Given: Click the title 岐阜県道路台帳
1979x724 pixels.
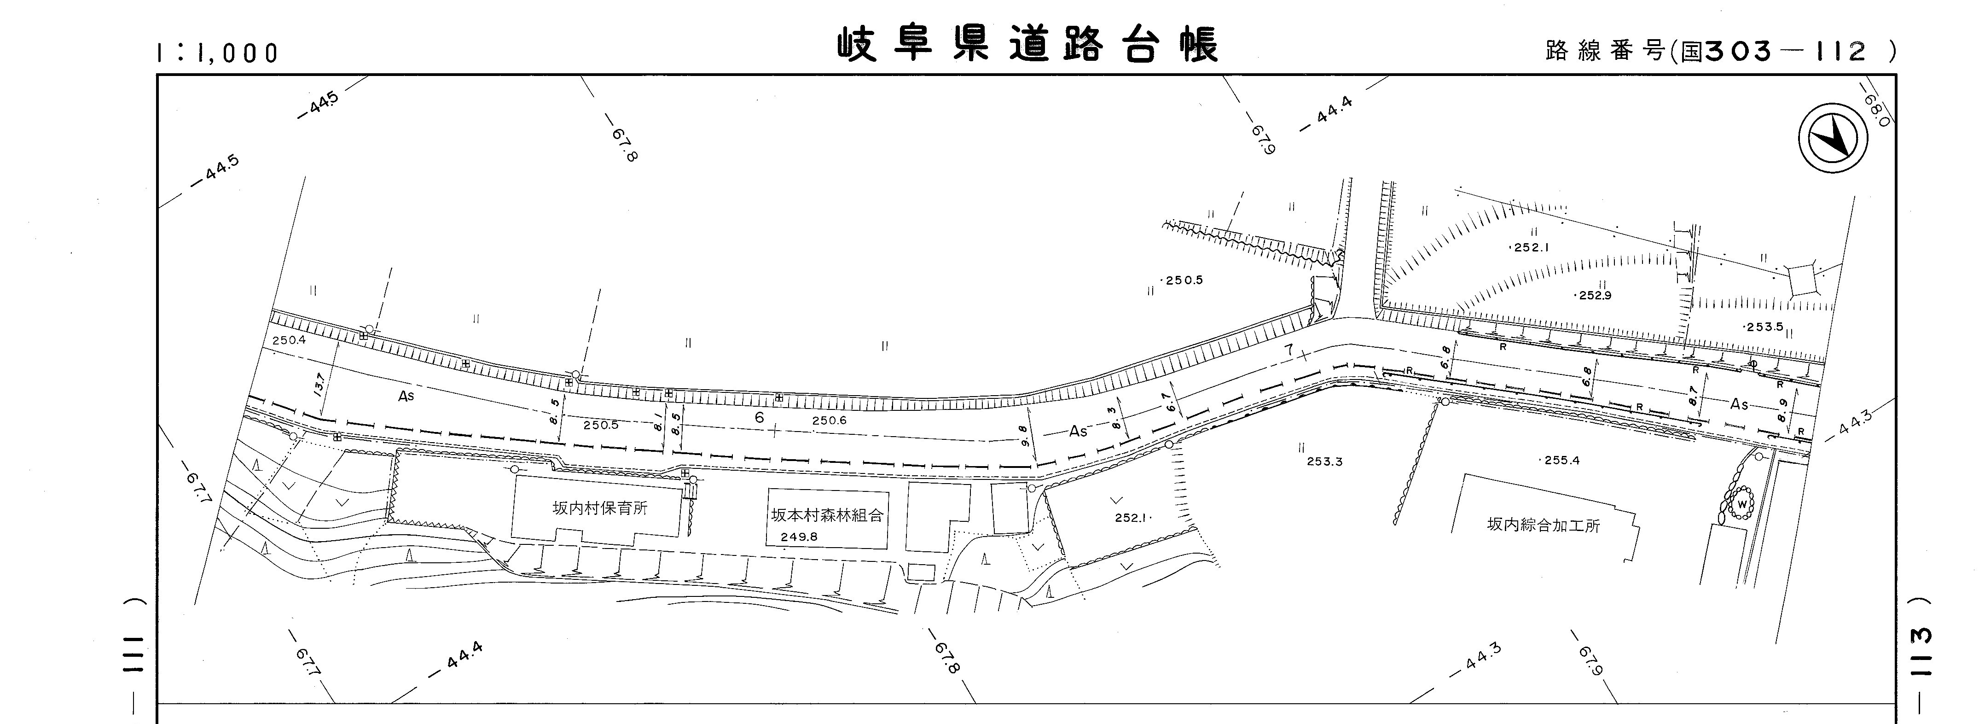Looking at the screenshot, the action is click(1027, 46).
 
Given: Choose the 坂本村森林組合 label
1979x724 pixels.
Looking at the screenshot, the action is click(827, 515).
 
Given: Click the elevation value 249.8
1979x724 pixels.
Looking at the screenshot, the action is click(799, 537).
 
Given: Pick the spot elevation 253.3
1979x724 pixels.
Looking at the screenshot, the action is click(1324, 462).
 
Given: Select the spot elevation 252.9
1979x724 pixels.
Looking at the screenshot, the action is click(1594, 295).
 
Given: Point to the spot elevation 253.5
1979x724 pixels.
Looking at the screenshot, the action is click(1764, 327).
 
